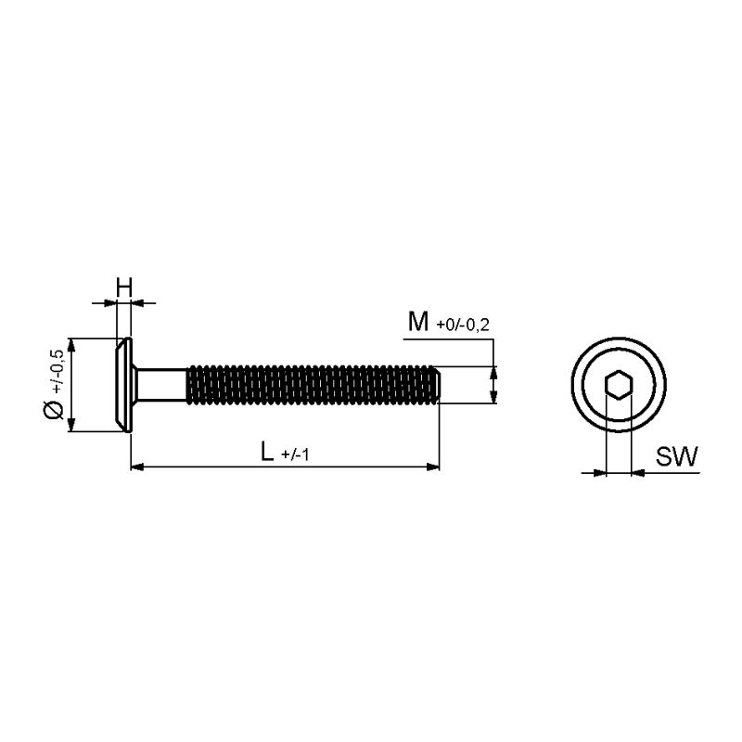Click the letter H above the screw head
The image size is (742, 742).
point(124,288)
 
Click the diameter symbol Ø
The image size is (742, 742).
point(54,409)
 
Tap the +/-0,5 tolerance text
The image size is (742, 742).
point(57,371)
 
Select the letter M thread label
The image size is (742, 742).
point(418,322)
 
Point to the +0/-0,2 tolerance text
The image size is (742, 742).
point(463,326)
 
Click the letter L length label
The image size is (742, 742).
point(267,451)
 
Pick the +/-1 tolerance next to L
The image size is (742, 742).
point(295,454)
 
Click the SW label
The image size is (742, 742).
point(676,456)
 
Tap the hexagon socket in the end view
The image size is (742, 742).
point(619,384)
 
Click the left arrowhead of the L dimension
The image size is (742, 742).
point(136,467)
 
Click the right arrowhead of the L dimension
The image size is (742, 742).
point(433,467)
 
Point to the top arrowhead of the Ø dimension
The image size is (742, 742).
point(71,345)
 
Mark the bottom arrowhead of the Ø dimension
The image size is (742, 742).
point(71,425)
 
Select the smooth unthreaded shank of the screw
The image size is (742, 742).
point(160,385)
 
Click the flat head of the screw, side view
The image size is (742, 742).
point(124,385)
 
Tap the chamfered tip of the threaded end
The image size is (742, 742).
point(438,385)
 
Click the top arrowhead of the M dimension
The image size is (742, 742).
point(493,373)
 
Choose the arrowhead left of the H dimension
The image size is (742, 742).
point(109,302)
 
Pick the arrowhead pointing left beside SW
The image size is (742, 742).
point(638,472)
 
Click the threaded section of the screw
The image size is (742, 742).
point(311,385)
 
